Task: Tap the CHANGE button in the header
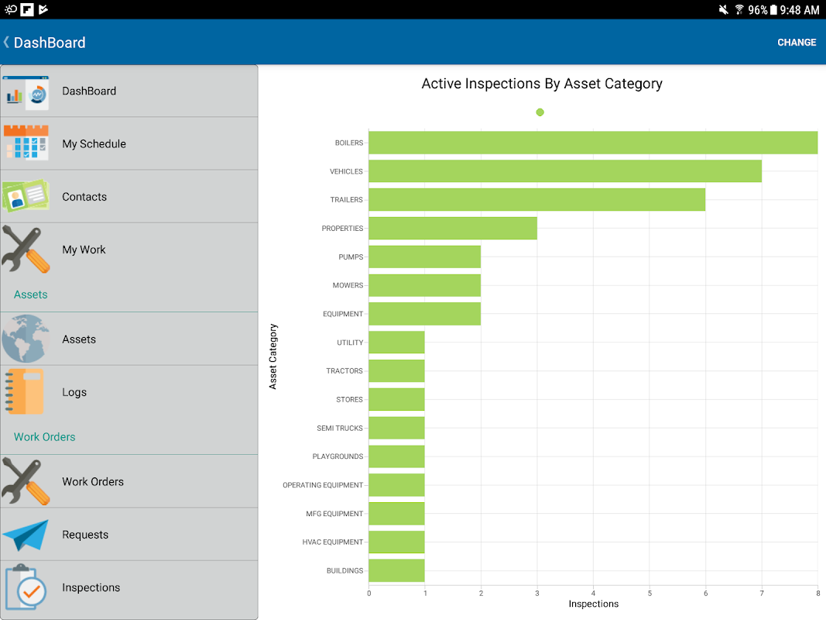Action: coord(797,43)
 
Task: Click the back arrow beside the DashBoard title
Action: coord(7,42)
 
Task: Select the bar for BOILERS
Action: coord(593,143)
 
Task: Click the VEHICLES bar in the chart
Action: coord(565,171)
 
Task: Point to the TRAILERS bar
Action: coord(536,200)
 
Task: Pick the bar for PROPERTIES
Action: coord(453,229)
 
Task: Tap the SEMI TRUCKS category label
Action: coord(339,428)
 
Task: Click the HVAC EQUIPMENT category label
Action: coord(332,542)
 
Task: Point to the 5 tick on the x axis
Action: coord(649,594)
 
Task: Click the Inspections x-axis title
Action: coord(593,604)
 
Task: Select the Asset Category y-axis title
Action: coord(272,356)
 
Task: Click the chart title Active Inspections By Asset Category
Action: coord(542,84)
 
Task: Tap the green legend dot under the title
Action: coord(540,112)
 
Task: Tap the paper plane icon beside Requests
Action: coord(26,535)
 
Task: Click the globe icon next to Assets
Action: coord(26,339)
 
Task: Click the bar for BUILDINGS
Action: coord(396,570)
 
